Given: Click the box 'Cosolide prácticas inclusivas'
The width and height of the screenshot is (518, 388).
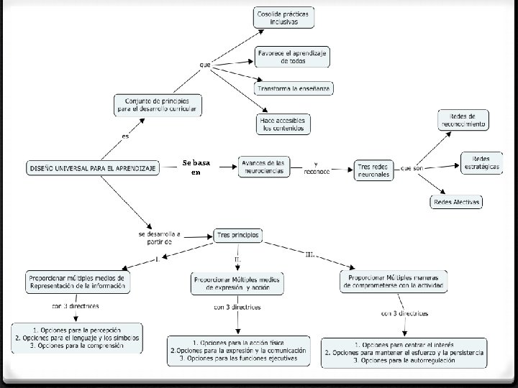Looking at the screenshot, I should tap(284, 17).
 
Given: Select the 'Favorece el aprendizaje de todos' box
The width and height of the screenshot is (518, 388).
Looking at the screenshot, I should tap(293, 57).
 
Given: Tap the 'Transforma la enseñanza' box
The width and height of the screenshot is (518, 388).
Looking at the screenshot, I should tap(294, 88).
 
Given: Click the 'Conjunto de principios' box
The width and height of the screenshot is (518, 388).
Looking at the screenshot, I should tap(157, 105).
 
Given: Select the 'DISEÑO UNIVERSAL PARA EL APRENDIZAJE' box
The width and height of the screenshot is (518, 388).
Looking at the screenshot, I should tap(94, 167).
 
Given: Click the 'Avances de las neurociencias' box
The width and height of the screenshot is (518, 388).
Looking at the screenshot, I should tap(263, 167).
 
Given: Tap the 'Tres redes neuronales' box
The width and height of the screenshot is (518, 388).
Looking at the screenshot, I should tap(374, 170).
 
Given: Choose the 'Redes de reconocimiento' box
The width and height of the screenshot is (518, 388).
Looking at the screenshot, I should tap(463, 120).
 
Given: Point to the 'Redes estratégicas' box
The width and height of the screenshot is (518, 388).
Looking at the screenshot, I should tap(481, 163).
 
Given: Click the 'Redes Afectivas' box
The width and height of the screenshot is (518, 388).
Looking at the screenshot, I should tap(457, 203).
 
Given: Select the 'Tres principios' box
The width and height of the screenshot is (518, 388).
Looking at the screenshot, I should tap(238, 235).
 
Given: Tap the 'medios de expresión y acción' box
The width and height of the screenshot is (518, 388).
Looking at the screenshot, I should tap(237, 283).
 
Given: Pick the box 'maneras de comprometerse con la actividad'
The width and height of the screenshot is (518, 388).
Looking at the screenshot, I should tap(394, 282).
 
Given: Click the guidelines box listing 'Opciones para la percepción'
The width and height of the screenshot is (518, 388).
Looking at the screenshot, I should tap(77, 337).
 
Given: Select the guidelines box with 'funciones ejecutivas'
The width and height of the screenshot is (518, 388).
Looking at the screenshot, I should tap(239, 351).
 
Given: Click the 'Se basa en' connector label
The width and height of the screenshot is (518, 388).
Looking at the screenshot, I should tap(196, 168).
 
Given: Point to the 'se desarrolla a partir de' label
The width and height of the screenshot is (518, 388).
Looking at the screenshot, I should tap(160, 237).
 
